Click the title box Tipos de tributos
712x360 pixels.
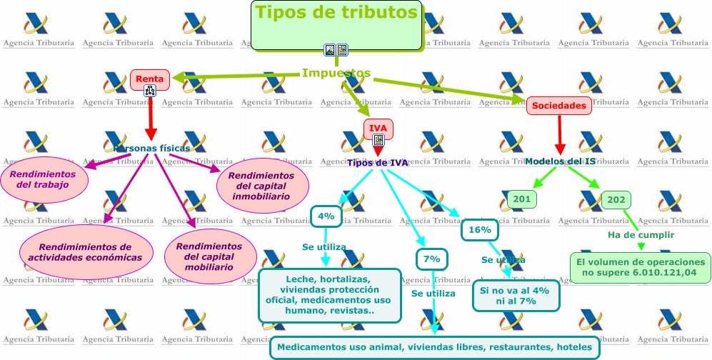point(336,24)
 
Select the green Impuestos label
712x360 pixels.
point(336,73)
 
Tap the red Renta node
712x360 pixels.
point(149,79)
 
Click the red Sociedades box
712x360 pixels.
point(560,106)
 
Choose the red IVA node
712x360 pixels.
point(378,129)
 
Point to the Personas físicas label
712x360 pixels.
point(151,149)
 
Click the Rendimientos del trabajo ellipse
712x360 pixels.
point(44,179)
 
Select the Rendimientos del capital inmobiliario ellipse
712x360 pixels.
point(263,186)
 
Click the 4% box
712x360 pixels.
point(326,216)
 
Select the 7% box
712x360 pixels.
point(432,259)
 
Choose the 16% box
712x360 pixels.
point(480,230)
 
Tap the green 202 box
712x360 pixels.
point(615,200)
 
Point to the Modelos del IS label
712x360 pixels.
point(560,161)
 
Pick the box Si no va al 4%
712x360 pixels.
point(515,295)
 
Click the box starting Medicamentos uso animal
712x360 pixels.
point(434,347)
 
